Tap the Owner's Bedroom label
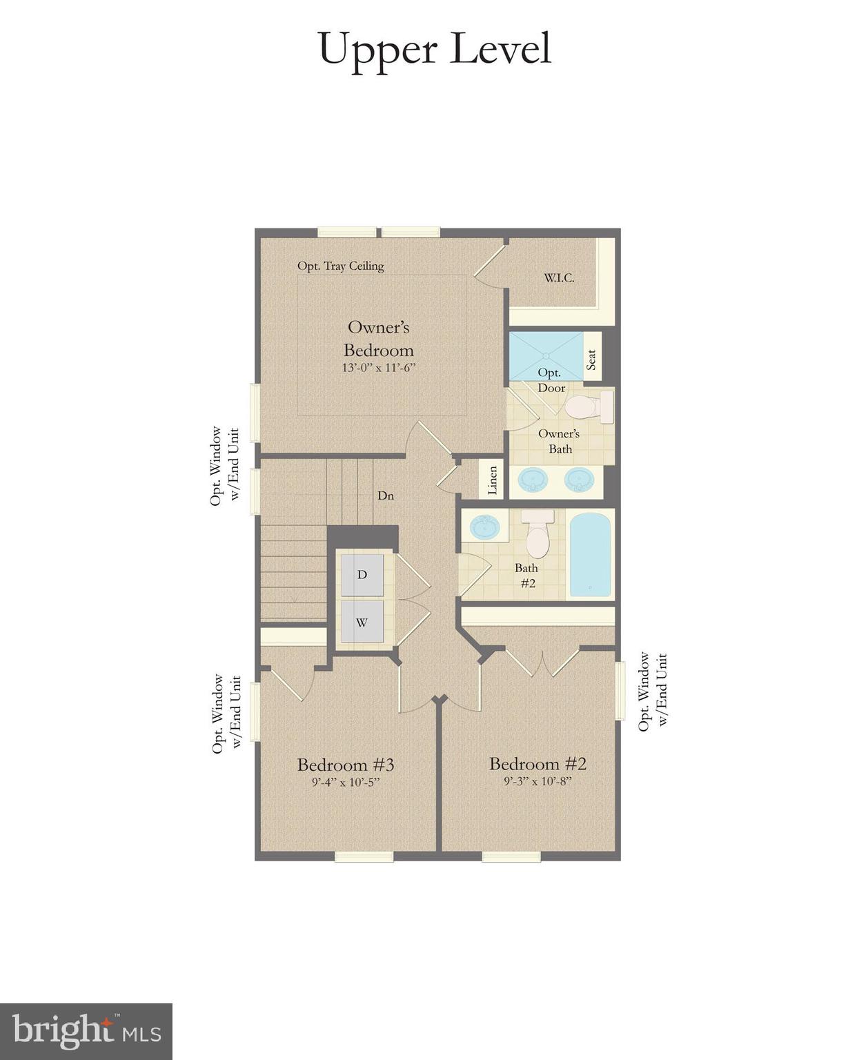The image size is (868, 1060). click(378, 338)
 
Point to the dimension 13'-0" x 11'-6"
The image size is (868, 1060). click(378, 368)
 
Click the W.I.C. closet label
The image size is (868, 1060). click(559, 278)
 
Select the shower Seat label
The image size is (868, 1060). click(591, 360)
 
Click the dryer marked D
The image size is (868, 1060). click(362, 575)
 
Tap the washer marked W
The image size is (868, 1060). click(362, 622)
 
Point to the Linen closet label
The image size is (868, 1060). click(492, 480)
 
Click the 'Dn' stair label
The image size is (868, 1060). click(386, 495)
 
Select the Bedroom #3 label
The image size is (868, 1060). click(346, 765)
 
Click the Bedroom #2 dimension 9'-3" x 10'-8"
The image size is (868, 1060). click(537, 782)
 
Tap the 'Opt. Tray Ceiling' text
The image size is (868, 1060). click(340, 266)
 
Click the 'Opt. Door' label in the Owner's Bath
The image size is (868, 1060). click(551, 380)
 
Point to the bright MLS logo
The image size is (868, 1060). click(86, 1031)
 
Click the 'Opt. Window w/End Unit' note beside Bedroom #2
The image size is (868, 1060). click(652, 691)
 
